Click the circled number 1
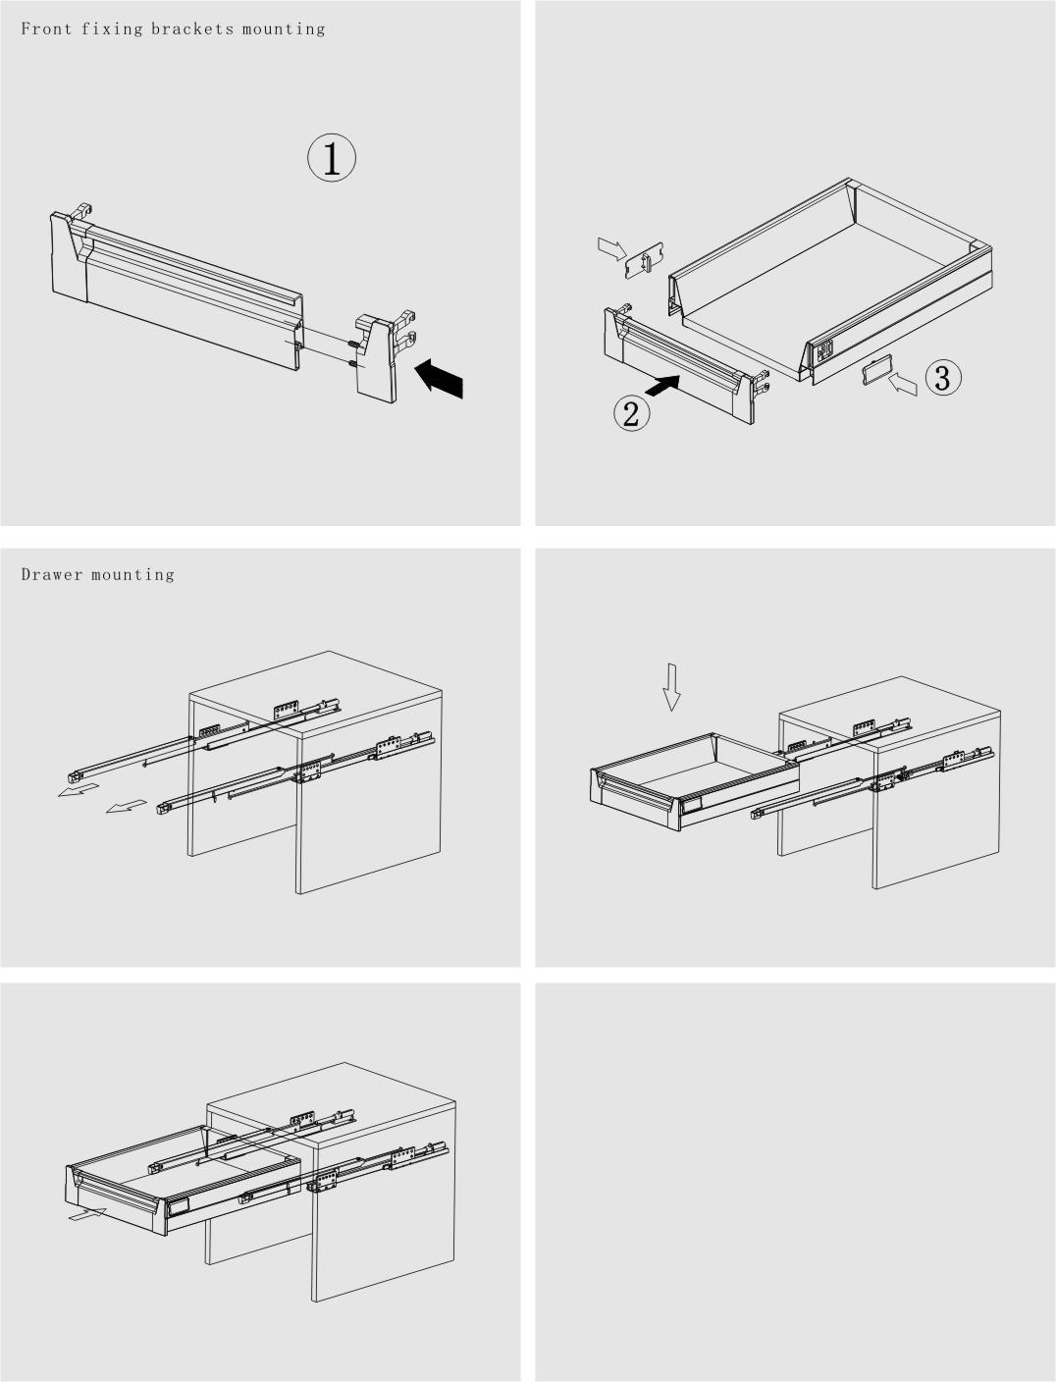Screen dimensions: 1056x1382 tap(332, 157)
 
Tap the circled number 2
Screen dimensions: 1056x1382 tap(631, 413)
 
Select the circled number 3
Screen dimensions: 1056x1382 tap(943, 378)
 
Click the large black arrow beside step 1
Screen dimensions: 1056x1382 tap(439, 378)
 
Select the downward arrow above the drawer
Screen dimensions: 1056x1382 tap(671, 687)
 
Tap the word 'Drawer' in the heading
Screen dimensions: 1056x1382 tap(52, 574)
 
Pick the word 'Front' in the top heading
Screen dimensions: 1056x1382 tap(46, 29)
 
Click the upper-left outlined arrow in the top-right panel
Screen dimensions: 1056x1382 tap(612, 248)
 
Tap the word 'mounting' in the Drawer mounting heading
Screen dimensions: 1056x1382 tap(132, 575)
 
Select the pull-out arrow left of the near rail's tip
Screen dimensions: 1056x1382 tap(127, 807)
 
